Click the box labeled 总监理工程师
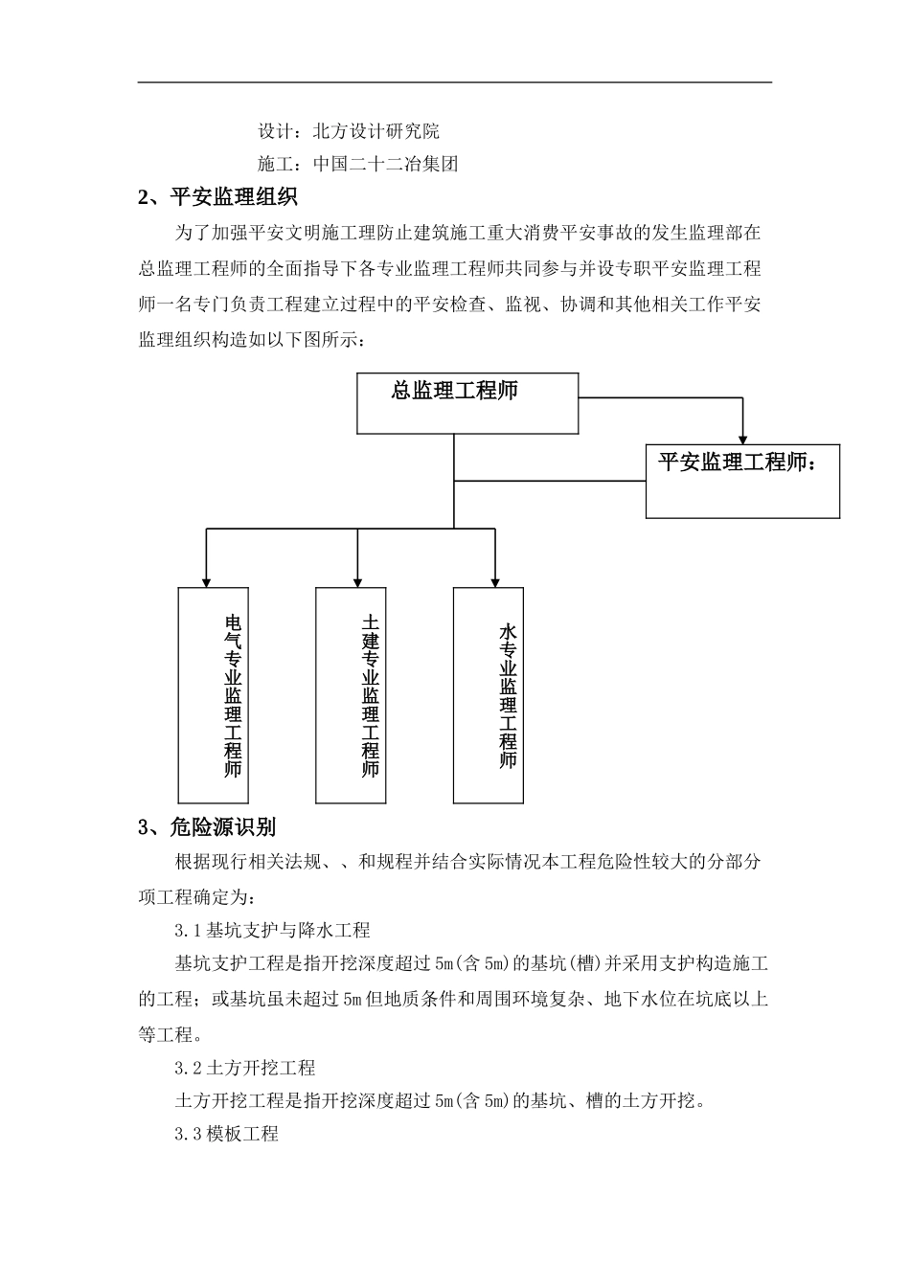pyautogui.click(x=467, y=403)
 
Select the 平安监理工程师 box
pyautogui.click(x=742, y=481)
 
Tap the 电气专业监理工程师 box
pyautogui.click(x=214, y=694)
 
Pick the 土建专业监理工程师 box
pyautogui.click(x=351, y=694)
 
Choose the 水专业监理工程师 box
pyautogui.click(x=489, y=694)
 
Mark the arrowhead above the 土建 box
pyautogui.click(x=357, y=579)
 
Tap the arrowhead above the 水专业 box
pyautogui.click(x=494, y=579)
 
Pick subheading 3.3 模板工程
pyautogui.click(x=226, y=1134)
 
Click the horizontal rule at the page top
pyautogui.click(x=455, y=82)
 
